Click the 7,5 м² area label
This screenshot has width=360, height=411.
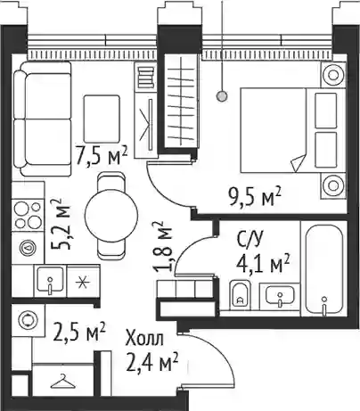point(102,156)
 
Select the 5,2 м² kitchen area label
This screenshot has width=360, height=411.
point(61,225)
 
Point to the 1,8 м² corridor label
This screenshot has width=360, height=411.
point(162,247)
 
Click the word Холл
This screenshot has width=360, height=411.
point(144,339)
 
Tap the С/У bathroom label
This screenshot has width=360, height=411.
point(250,240)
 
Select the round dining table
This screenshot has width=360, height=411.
point(111,216)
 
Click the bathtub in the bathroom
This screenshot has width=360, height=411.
point(324,269)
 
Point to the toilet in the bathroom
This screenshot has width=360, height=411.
point(240,295)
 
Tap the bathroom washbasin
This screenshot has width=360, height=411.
point(280,296)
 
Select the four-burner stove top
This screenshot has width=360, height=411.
point(28,215)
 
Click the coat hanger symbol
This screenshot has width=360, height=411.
point(62,382)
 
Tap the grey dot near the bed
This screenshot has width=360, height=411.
point(222,96)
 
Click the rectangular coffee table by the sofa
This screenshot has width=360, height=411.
point(102,119)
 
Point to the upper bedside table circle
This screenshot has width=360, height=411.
point(333,75)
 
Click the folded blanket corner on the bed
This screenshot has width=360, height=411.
point(298,162)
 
